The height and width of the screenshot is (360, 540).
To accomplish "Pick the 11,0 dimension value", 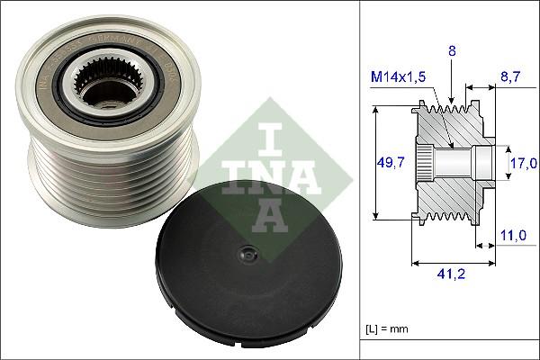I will click(512, 235).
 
